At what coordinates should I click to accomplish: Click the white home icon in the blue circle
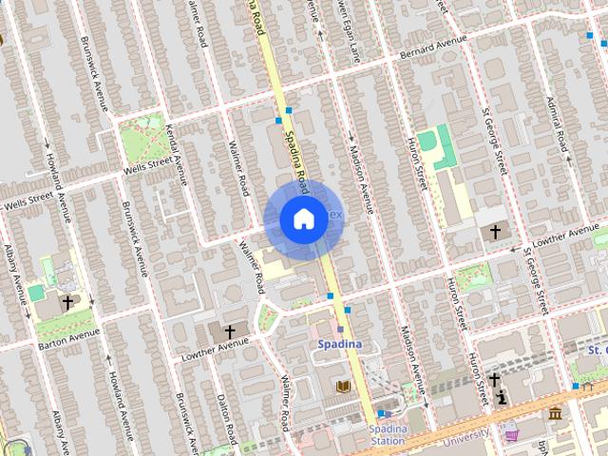point(303,219)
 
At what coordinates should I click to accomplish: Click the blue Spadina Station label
point(388,434)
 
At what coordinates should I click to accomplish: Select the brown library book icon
point(343,386)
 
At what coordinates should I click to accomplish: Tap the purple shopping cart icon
point(513,434)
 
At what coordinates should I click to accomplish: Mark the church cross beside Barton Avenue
point(67,302)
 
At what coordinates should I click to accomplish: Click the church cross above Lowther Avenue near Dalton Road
point(230,332)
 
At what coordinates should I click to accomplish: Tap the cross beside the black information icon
point(494,379)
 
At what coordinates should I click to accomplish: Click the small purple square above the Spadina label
point(340,329)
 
